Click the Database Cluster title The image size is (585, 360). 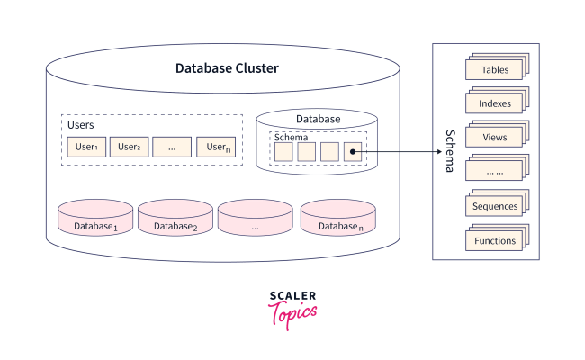coord(227,68)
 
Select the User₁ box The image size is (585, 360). coord(86,147)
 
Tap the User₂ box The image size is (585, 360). coord(129,147)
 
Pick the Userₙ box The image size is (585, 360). coord(216,147)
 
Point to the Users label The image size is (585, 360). coord(81,124)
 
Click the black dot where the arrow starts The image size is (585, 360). coord(353,152)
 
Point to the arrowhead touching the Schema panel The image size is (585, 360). coord(427,152)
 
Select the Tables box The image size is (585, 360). coord(494,70)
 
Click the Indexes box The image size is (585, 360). coord(494,103)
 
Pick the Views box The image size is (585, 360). coord(494,138)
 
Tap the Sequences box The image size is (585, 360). coord(494,206)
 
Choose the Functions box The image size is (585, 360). coord(494,240)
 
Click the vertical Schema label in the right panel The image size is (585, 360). coord(450,151)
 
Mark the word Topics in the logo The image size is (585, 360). coord(293,312)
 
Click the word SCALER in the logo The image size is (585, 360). coord(292,294)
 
